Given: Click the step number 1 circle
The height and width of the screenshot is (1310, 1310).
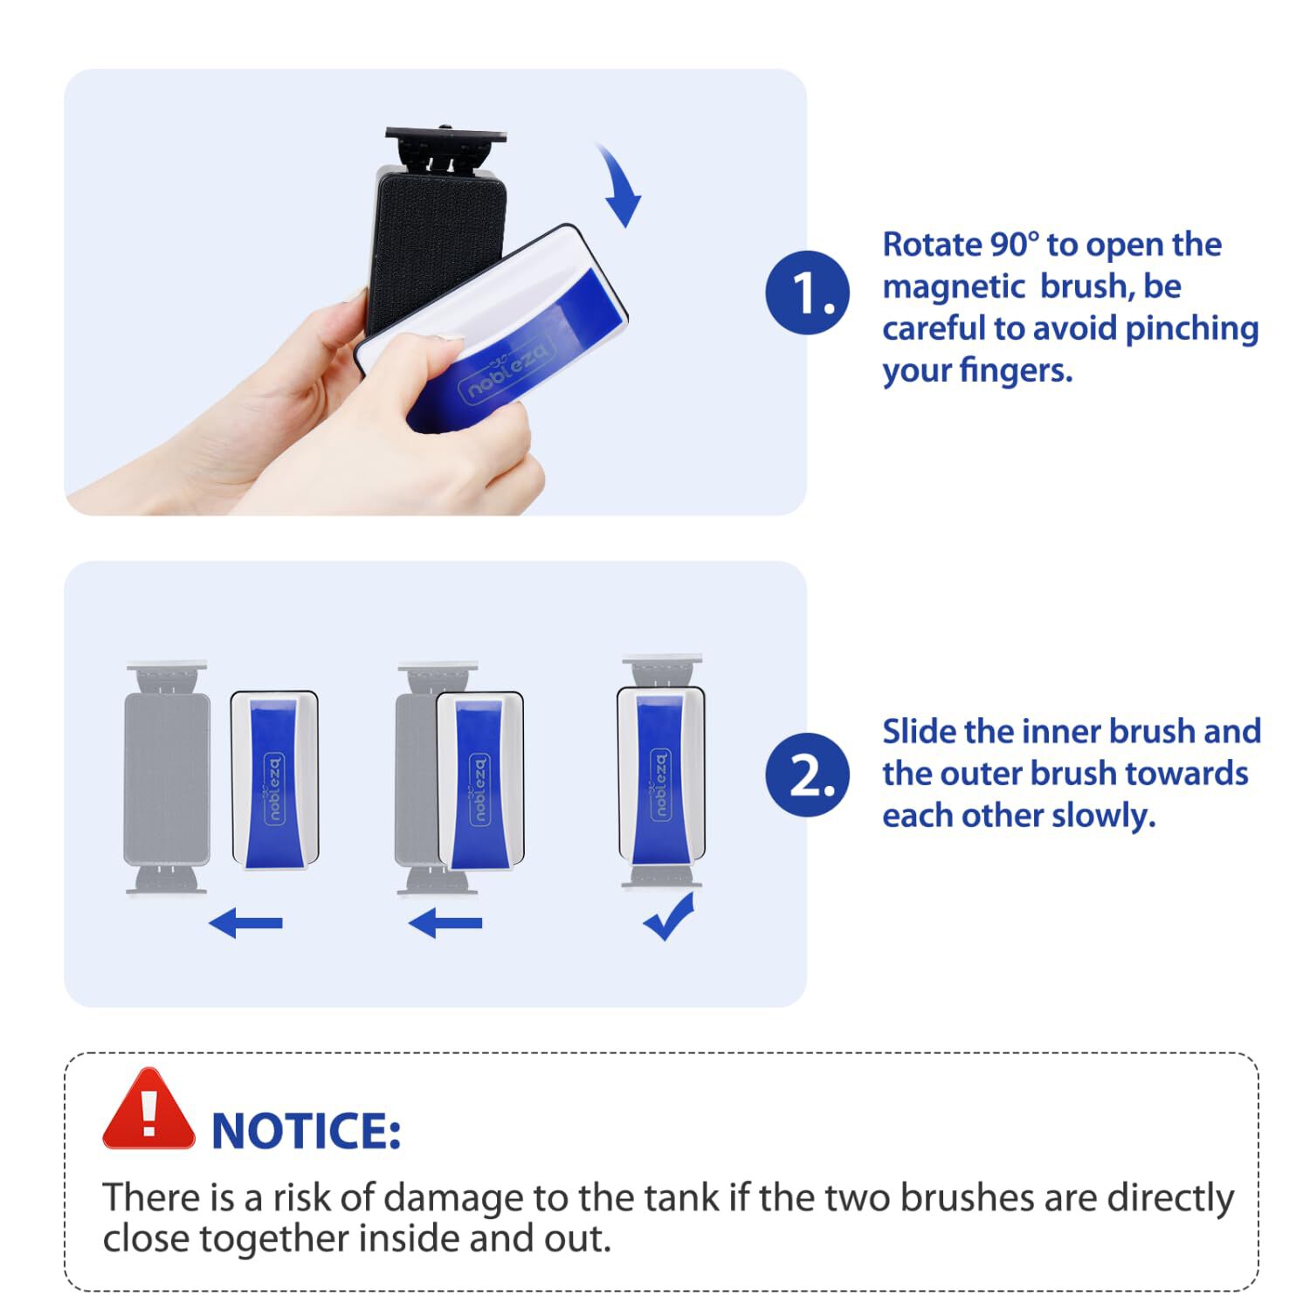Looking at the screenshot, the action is (x=807, y=293).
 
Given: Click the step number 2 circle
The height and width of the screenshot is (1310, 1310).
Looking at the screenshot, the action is (x=807, y=775).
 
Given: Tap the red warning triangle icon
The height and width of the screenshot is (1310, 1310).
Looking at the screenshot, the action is (x=148, y=1110).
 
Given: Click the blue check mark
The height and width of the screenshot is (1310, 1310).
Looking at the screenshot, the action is (x=669, y=917).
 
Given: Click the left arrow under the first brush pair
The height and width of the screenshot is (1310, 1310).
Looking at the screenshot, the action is (x=246, y=922).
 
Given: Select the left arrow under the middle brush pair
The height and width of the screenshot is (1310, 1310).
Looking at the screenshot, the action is (x=445, y=922).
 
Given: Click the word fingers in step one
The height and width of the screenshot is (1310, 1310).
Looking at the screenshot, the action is (x=1017, y=371).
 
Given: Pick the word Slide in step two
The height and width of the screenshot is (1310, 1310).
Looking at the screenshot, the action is (x=918, y=731).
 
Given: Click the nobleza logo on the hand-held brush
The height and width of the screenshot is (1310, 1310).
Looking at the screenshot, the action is (x=507, y=370).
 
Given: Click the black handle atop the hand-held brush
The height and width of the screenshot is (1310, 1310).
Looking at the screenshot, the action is (x=446, y=149).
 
